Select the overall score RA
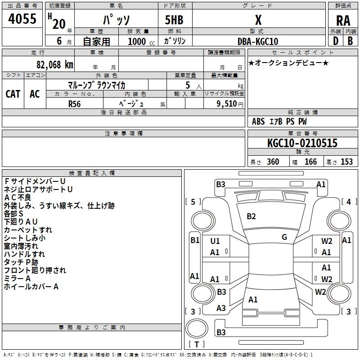pos(343,20)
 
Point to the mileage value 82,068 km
pos(52,64)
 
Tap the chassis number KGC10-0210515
pos(302,144)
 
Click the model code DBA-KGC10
pos(257,41)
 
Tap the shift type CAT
pos(13,94)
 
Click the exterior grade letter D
pos(335,41)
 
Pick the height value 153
pos(346,162)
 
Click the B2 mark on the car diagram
pos(251,216)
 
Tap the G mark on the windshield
pos(284,237)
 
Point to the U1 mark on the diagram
pos(215,241)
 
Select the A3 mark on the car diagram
pos(221,308)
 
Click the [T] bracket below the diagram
pos(196,345)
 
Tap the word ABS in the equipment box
pos(258,121)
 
